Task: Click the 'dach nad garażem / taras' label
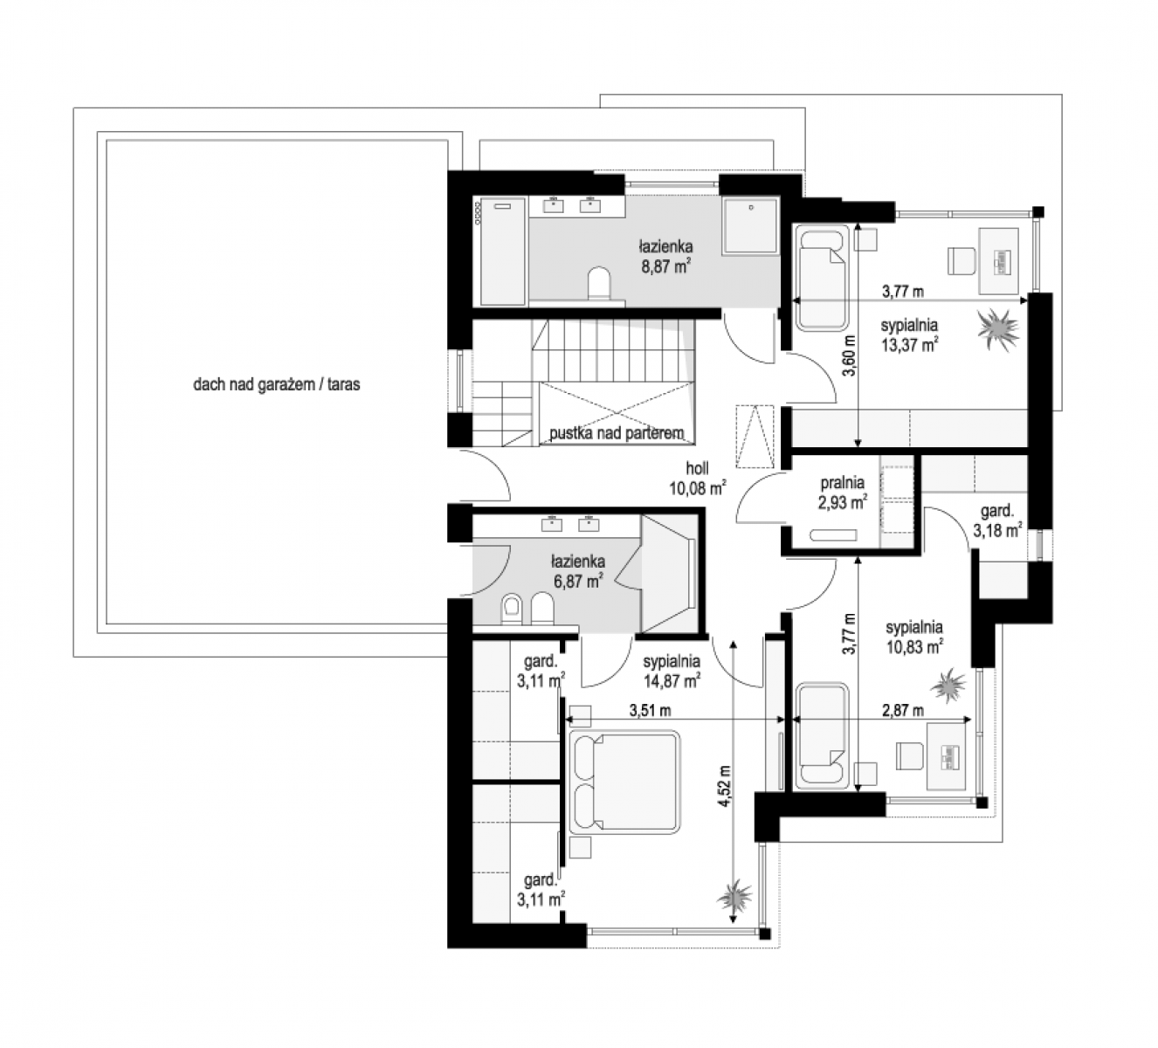click(277, 384)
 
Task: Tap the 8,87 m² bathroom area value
click(666, 266)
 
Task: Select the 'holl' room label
click(698, 468)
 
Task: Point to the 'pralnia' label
click(842, 483)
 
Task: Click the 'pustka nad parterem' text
click(617, 433)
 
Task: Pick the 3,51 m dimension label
click(650, 710)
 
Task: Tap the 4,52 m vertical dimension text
click(725, 786)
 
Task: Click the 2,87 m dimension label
click(903, 710)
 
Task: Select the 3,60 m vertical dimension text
click(849, 355)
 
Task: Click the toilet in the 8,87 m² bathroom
click(599, 284)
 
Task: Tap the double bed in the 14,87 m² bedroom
click(624, 783)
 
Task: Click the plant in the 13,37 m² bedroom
click(997, 328)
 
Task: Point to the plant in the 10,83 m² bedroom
click(948, 686)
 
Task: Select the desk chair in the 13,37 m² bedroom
click(962, 260)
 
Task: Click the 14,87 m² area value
click(672, 681)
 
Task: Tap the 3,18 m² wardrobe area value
click(997, 529)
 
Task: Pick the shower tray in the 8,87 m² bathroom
click(750, 226)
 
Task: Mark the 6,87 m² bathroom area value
click(578, 581)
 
